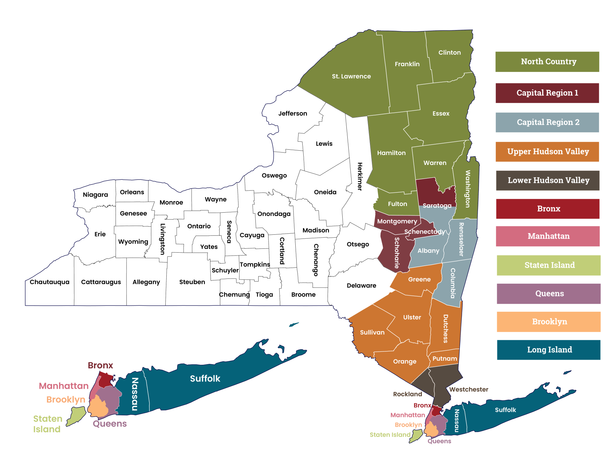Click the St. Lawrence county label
[351, 76]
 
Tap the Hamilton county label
[391, 153]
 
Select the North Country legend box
[547, 62]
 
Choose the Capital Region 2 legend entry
[547, 122]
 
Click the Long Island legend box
[549, 350]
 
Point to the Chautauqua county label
[49, 282]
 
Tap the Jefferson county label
[292, 114]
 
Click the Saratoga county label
[437, 206]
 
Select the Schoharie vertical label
[397, 253]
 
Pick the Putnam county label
[444, 359]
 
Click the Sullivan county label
[372, 333]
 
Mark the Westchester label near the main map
[469, 389]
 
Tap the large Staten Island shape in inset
[77, 416]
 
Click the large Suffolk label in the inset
[205, 379]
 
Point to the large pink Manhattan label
[64, 386]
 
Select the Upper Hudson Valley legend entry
[547, 152]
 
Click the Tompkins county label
[255, 264]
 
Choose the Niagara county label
[95, 195]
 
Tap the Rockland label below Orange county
[407, 394]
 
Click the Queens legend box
[549, 294]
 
